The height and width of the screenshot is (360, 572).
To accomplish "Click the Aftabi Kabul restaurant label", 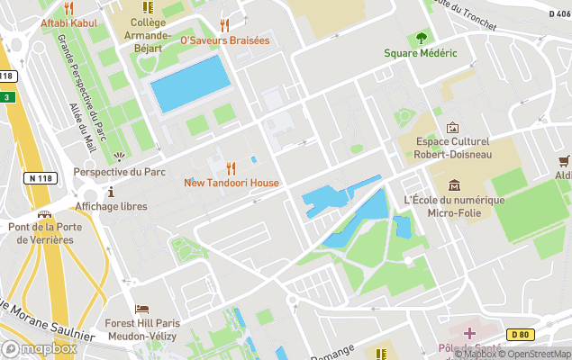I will [68, 22].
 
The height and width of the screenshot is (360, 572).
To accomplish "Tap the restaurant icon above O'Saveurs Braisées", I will [224, 25].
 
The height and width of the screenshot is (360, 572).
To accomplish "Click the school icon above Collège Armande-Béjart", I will [148, 7].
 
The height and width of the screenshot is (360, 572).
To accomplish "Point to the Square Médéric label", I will [421, 53].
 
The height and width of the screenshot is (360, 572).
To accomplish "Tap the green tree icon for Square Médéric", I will [421, 38].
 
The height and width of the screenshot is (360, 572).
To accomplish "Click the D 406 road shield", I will [558, 14].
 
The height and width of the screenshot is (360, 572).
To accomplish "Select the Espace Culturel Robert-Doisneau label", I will [452, 148].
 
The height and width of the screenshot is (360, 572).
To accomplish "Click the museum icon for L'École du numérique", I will [453, 184].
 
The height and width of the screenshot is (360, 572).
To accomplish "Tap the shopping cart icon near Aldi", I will [565, 161].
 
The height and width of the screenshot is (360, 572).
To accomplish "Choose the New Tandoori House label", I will [232, 183].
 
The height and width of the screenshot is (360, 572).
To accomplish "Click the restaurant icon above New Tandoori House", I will [232, 167].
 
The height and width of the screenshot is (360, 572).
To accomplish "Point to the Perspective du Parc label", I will [120, 172].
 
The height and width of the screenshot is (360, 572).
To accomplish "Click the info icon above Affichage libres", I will [111, 192].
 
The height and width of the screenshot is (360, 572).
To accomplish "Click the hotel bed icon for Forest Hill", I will [142, 309].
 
